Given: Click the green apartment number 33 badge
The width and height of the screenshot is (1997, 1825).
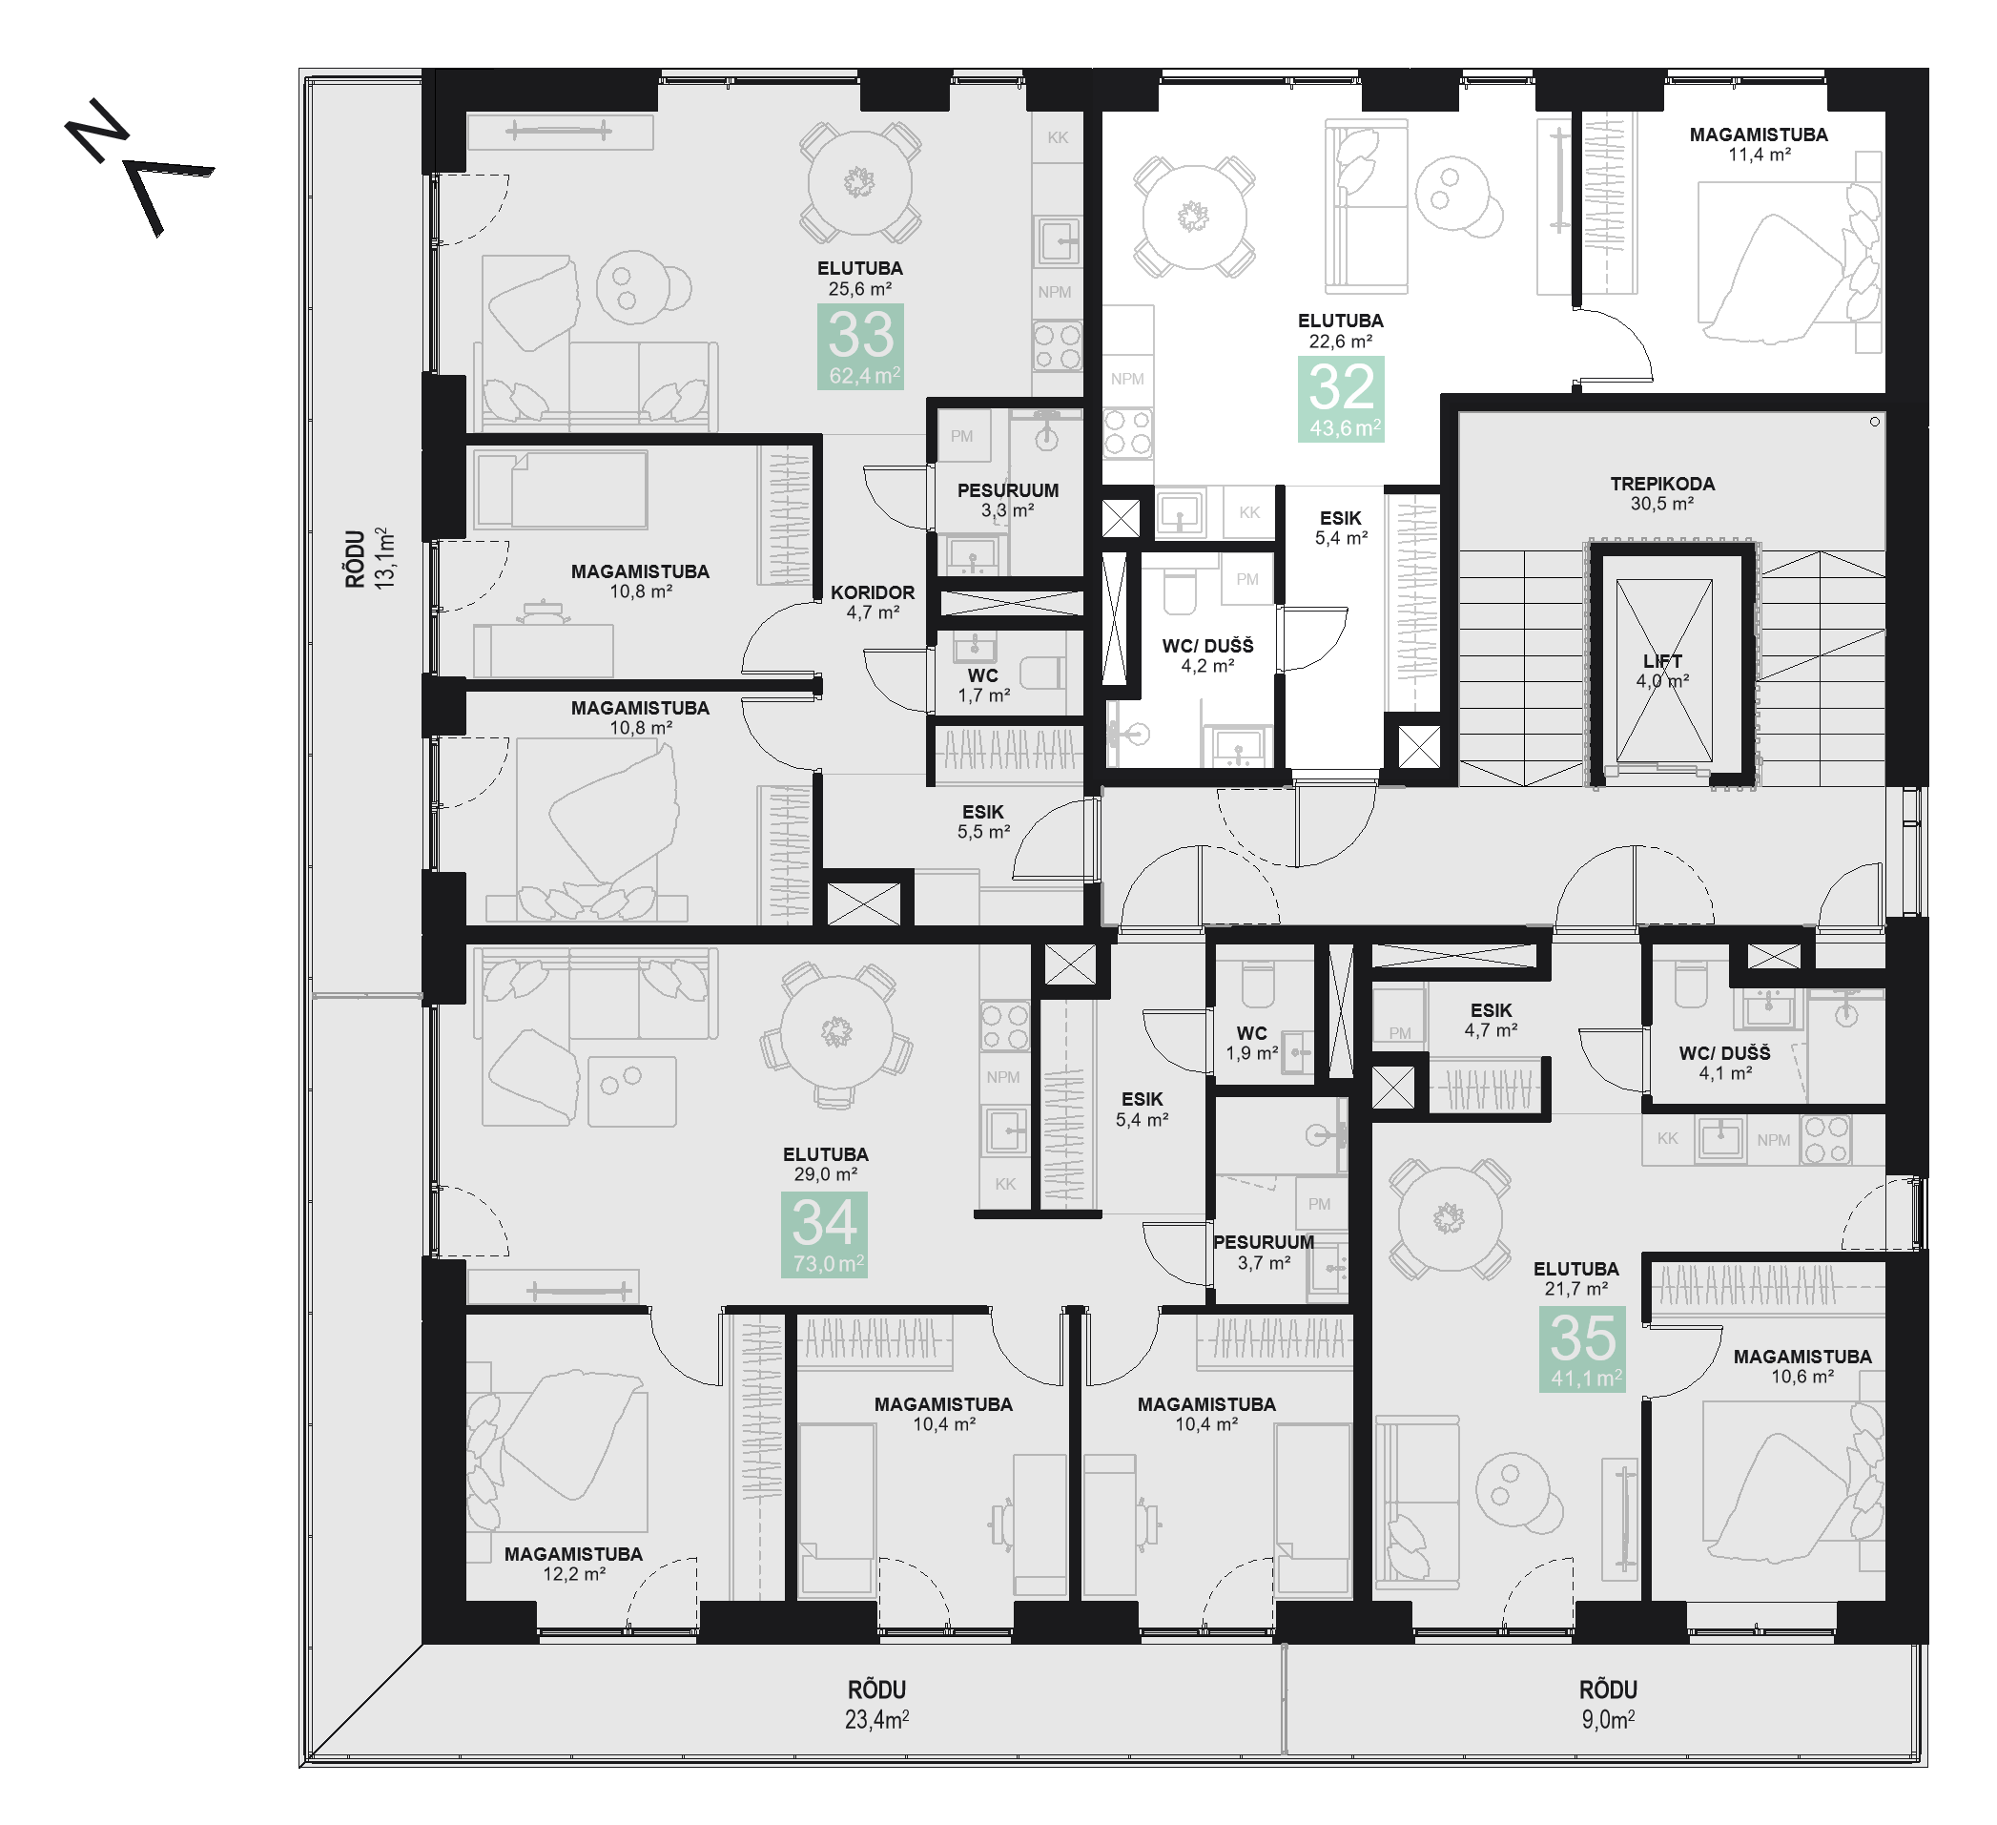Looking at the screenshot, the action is point(861,346).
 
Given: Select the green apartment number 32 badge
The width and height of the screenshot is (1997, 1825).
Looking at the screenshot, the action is point(1341,400).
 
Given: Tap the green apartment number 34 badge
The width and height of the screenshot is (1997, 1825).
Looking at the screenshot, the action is point(825,1234).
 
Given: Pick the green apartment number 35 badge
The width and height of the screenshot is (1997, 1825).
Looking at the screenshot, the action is point(1583,1349).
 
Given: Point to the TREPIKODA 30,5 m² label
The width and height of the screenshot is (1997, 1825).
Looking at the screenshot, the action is point(1662,493).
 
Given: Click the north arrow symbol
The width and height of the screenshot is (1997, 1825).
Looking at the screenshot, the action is point(138,166).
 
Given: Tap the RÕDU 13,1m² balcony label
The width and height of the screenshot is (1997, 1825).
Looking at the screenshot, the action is point(370,559).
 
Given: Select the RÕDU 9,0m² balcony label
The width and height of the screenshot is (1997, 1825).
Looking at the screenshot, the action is point(1608,1704).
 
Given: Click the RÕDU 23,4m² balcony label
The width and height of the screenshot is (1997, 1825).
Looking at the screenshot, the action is point(876,1704).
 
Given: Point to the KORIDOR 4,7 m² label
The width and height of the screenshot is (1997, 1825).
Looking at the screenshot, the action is point(873,602).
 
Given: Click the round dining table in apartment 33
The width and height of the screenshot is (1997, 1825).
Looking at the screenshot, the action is point(859,182).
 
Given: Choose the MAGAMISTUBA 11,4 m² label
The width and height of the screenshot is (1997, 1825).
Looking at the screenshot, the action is point(1760,145).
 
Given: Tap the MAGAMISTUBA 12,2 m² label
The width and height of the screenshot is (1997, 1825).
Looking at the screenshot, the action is point(573,1564).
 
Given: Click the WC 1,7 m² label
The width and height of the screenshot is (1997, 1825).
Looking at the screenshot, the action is point(983,686).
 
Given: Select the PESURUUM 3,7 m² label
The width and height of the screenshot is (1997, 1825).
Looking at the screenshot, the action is point(1264,1253).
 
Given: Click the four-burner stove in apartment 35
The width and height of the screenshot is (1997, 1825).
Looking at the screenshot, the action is point(1826,1139).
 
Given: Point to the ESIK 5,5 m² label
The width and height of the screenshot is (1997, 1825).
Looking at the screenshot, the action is point(983,822).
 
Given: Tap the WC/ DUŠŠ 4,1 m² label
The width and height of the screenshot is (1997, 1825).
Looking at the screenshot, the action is point(1724,1063).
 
